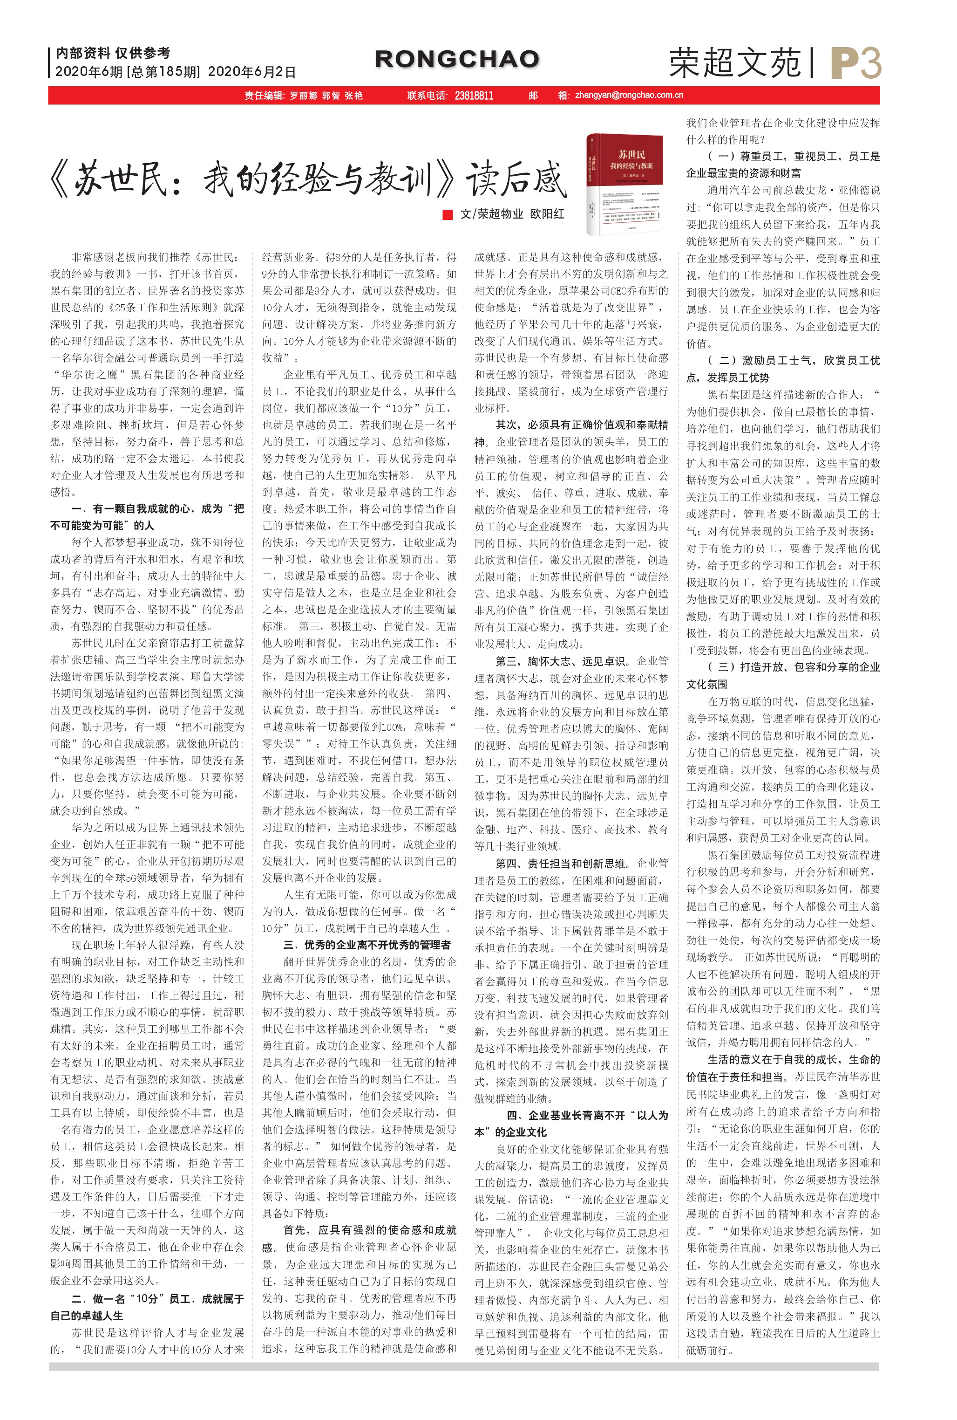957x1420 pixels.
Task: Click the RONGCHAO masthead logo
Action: point(456,59)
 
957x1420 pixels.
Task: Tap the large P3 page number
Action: point(855,63)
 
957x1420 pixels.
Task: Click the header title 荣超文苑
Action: point(734,63)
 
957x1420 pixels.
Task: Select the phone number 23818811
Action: point(474,96)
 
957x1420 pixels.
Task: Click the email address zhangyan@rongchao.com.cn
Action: point(629,95)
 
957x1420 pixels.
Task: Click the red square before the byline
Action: point(448,214)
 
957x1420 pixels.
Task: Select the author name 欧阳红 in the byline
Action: point(547,214)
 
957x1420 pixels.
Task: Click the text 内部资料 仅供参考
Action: point(113,53)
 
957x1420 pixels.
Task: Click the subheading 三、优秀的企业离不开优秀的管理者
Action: point(367,945)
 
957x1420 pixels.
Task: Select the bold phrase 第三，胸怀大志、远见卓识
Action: point(560,661)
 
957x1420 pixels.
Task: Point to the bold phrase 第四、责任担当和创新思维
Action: point(560,864)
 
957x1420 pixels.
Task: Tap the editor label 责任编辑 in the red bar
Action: point(264,96)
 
